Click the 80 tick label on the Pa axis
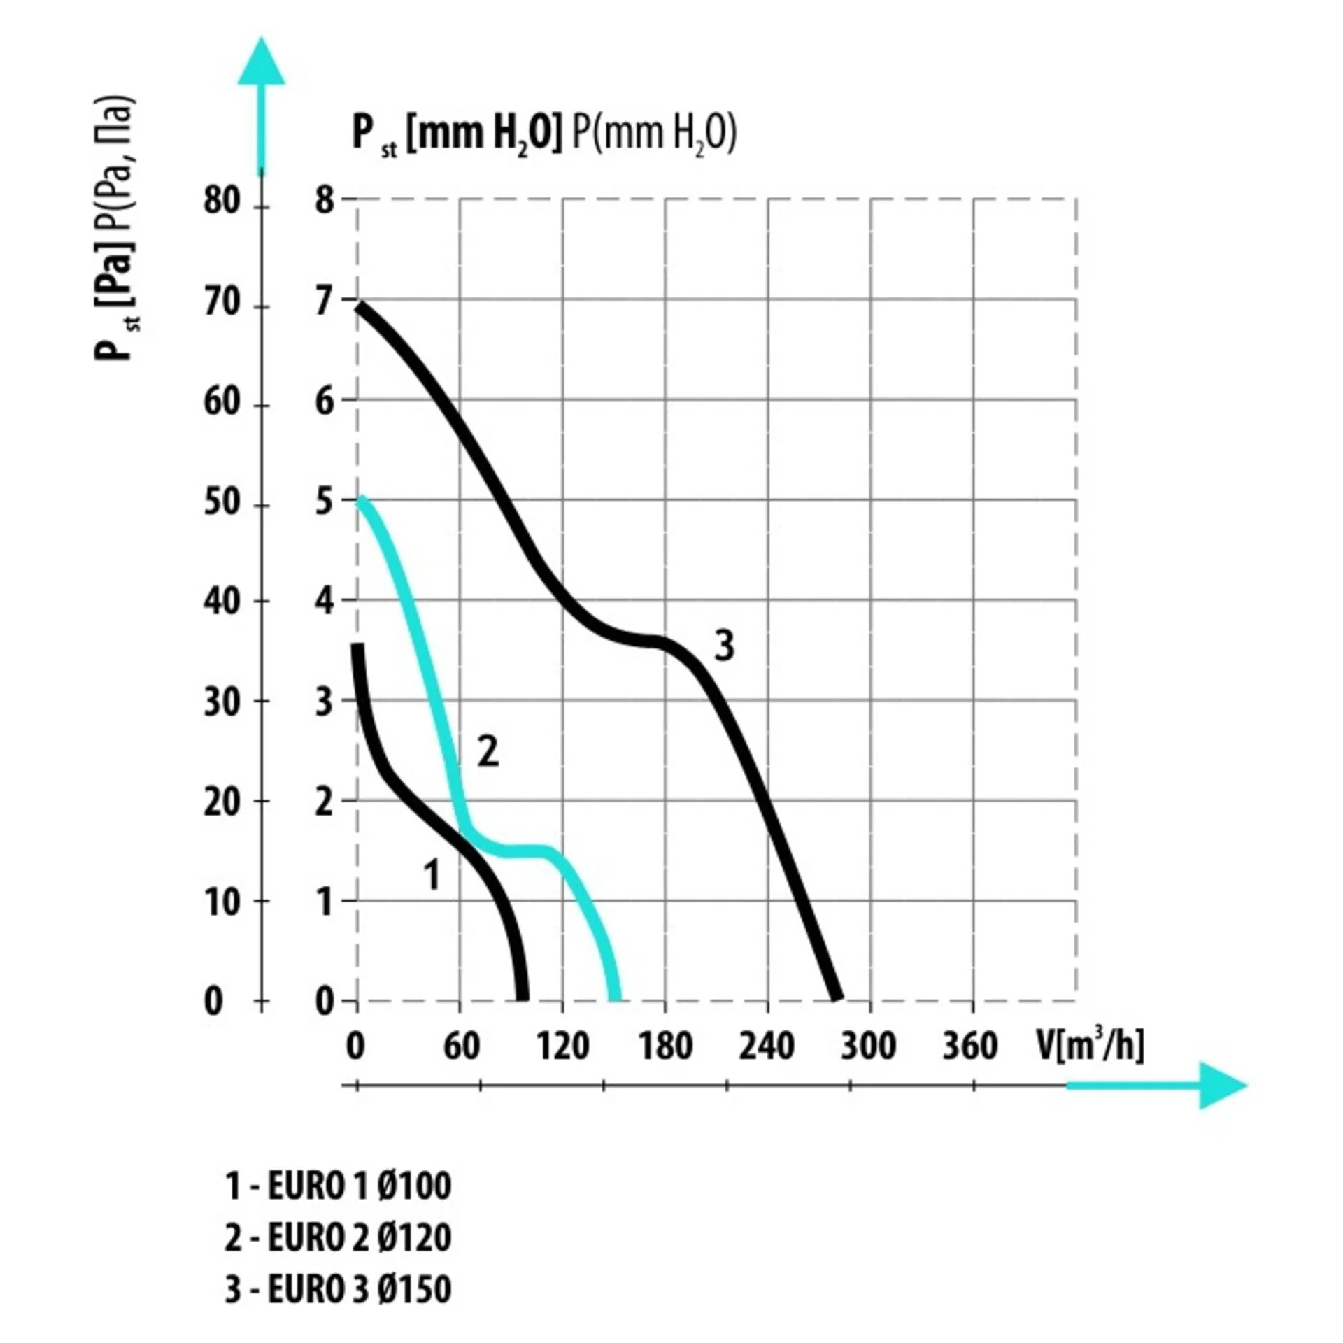tap(222, 201)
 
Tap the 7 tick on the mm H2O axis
tap(325, 302)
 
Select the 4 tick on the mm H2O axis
tap(325, 602)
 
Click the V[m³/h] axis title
tap(1090, 1045)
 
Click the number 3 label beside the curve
tap(724, 646)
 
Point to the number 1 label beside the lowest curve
tap(432, 874)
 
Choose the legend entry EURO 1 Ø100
tap(338, 1185)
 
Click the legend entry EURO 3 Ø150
tap(338, 1288)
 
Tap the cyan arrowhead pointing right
tap(1221, 1085)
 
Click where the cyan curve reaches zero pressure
tap(614, 999)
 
